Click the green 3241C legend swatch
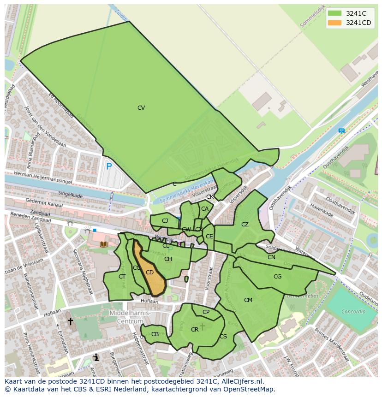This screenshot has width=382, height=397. tap(335, 13)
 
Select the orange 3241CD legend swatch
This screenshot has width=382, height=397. tap(335, 23)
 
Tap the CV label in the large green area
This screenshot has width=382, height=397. tap(141, 108)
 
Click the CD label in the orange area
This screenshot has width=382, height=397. tap(149, 273)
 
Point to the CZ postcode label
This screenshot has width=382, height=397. tap(245, 225)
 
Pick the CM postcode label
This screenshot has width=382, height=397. tap(248, 300)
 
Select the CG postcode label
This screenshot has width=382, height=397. tap(277, 277)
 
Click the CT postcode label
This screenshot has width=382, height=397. tap(122, 277)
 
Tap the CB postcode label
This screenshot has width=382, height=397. tap(155, 334)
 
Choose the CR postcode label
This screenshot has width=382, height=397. tap(195, 330)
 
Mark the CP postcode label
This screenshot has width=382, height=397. tap(206, 312)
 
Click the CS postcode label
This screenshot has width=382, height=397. tap(223, 337)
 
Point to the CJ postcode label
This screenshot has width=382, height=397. tap(165, 221)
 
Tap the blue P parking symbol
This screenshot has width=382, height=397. tap(109, 166)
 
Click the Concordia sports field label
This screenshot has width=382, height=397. tap(353, 311)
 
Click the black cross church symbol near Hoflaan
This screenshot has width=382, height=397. tap(71, 321)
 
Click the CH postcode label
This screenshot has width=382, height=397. tap(168, 259)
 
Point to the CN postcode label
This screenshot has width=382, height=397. tap(271, 257)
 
